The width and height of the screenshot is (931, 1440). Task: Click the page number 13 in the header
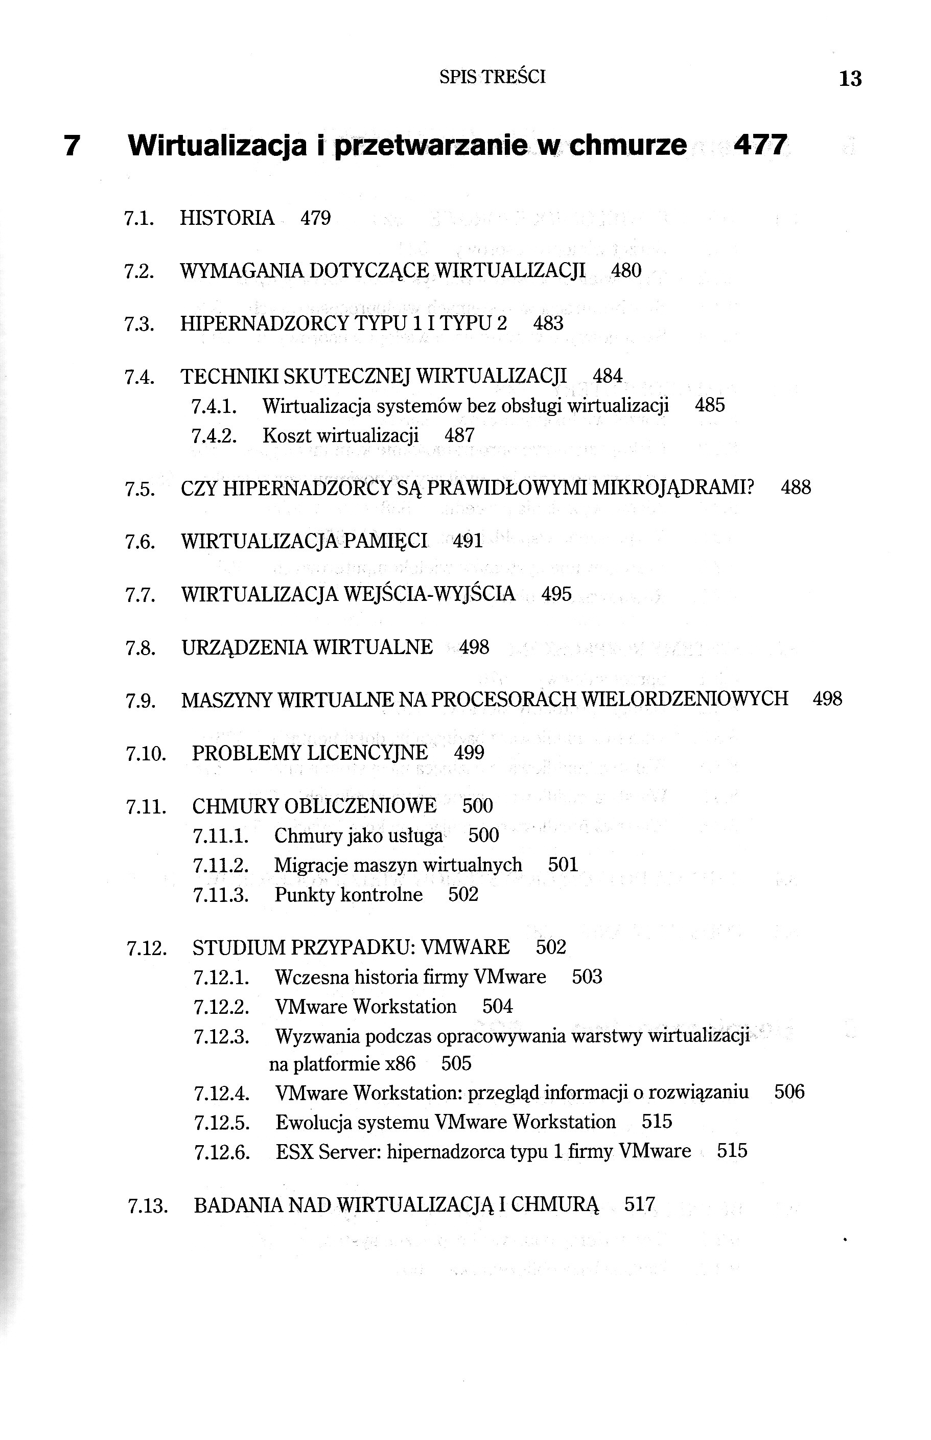coord(850,79)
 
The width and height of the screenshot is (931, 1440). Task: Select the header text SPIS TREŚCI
coord(492,77)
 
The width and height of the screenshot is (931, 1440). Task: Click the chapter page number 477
coord(760,145)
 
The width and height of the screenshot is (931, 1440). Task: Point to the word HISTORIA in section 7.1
coord(227,218)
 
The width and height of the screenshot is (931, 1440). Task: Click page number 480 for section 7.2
coord(626,270)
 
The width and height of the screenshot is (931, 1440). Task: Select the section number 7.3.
coord(139,324)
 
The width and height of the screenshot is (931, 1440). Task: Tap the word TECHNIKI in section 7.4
coord(229,377)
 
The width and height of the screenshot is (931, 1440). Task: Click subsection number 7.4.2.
coord(214,436)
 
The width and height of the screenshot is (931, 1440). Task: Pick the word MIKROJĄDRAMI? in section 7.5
coord(673,488)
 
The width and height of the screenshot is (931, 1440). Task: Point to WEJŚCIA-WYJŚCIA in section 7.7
coord(429,594)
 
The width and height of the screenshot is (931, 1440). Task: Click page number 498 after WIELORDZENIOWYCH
coord(827,700)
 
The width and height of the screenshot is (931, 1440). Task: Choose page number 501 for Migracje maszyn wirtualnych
coord(563,865)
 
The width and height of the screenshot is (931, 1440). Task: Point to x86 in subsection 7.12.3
coord(400,1063)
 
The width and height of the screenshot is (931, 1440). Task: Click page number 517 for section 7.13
coord(639,1205)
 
